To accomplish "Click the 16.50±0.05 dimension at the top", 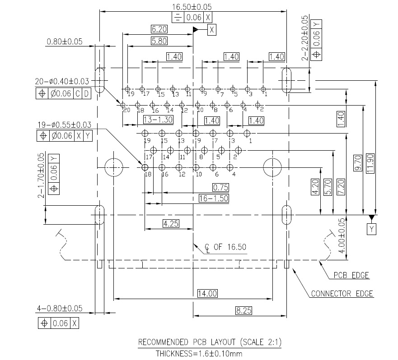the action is [192, 7].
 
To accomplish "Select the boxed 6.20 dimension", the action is [159, 29].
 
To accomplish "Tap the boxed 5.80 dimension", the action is [159, 41].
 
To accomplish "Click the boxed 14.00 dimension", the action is [207, 293].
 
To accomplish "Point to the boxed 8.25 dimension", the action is [243, 310].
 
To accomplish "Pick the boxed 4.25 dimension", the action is [171, 224].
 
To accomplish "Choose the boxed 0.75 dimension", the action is [220, 187].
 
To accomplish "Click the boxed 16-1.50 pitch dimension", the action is [214, 198].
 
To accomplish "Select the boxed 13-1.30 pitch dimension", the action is [158, 120].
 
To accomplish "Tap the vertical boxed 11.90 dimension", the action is [370, 163].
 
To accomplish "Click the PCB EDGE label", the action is [351, 275].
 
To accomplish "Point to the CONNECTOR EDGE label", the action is [342, 294].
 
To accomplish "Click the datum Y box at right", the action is [372, 229].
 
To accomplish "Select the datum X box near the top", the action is [212, 30].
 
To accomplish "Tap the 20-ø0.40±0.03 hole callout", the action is [62, 81].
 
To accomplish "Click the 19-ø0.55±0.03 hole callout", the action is [64, 125].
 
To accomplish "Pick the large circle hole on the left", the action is [114, 167].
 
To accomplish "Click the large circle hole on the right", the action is [272, 167].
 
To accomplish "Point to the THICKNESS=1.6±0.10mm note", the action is [199, 353].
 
